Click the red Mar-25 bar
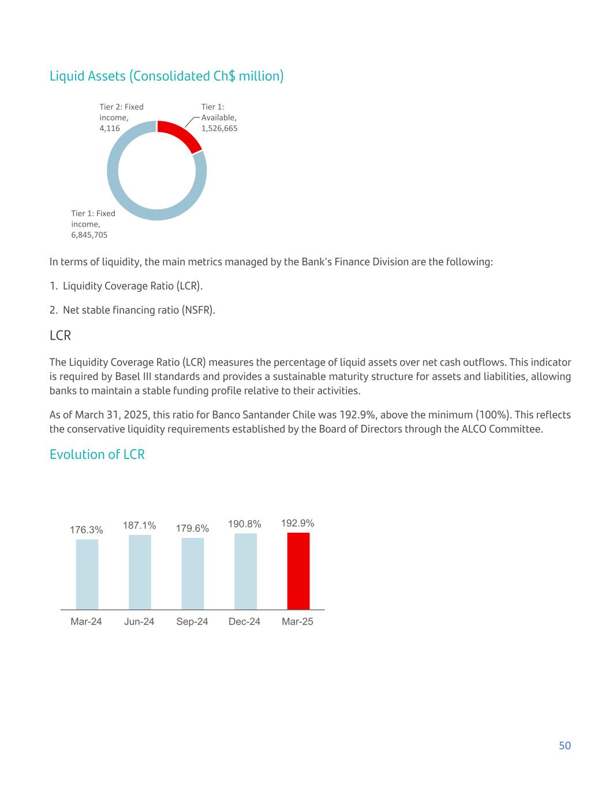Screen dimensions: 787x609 click(x=298, y=571)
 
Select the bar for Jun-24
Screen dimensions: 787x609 click(x=140, y=572)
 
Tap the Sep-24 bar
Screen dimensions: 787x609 click(x=192, y=574)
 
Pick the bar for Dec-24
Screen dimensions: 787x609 click(x=245, y=571)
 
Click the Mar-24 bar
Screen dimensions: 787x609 click(x=87, y=574)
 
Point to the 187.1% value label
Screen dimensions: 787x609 click(x=139, y=525)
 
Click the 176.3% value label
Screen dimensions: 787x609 click(x=87, y=530)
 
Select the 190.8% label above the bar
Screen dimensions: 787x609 click(x=245, y=524)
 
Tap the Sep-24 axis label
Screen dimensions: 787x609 click(x=192, y=622)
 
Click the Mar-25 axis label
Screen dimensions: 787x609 click(x=297, y=622)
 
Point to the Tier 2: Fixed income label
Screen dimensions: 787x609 click(x=121, y=117)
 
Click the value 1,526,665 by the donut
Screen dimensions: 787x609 click(x=219, y=128)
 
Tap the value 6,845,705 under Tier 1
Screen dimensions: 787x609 click(x=89, y=235)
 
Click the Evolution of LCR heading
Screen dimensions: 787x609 click(x=97, y=454)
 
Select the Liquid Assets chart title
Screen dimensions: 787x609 click(x=166, y=76)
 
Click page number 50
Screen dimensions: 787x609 click(x=565, y=745)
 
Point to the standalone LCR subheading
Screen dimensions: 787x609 click(x=60, y=336)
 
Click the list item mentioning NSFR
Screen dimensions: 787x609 click(x=132, y=310)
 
